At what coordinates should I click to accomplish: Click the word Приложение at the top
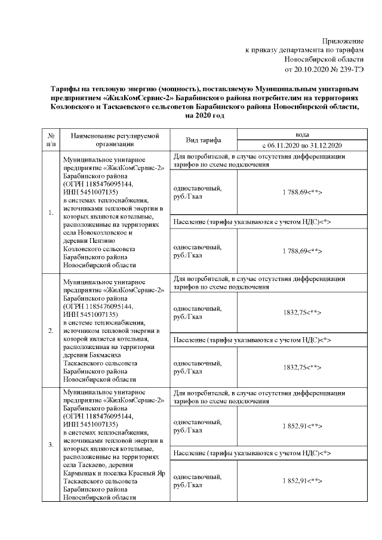(x=343, y=41)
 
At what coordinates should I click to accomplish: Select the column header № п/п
(x=51, y=140)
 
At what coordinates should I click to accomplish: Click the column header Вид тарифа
(x=204, y=140)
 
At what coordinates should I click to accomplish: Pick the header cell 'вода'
(x=302, y=135)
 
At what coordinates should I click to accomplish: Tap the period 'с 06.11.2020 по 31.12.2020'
(x=302, y=145)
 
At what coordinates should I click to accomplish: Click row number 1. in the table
(x=51, y=212)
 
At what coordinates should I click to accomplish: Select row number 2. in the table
(x=51, y=330)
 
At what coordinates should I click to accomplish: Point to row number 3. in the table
(x=51, y=445)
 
